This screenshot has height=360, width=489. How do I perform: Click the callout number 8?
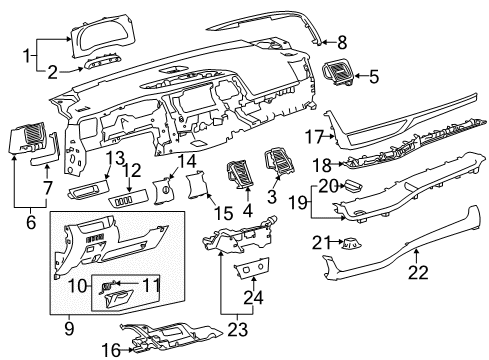pyautogui.click(x=342, y=43)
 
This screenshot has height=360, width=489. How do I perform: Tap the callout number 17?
pyautogui.click(x=315, y=137)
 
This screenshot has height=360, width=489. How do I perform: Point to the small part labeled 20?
pyautogui.click(x=353, y=186)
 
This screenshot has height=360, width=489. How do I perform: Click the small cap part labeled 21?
pyautogui.click(x=351, y=244)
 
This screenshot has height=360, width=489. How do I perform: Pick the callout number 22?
pyautogui.click(x=418, y=273)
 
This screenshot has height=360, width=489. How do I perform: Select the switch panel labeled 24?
pyautogui.click(x=253, y=267)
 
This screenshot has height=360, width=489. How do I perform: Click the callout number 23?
pyautogui.click(x=238, y=330)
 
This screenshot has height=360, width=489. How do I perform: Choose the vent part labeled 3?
pyautogui.click(x=279, y=161)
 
